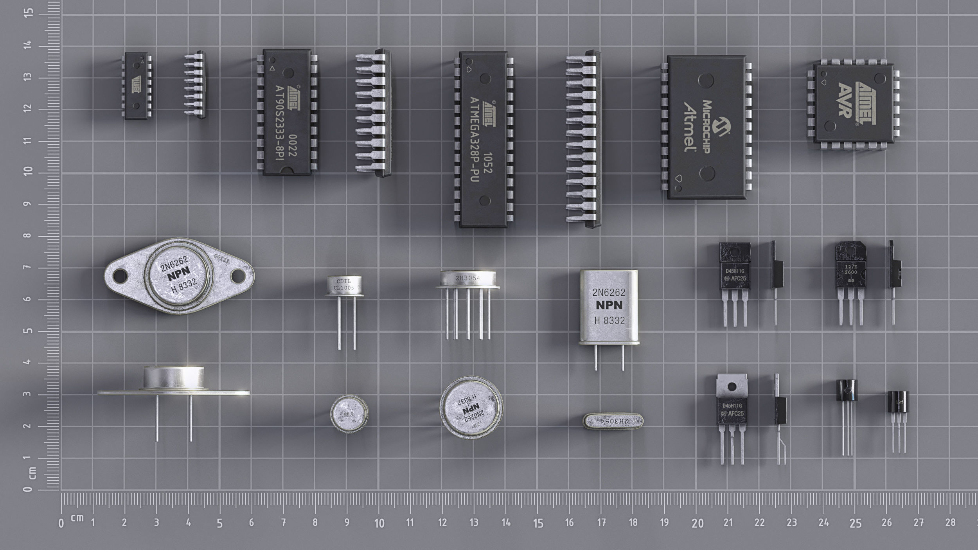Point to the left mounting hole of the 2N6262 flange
[x=120, y=277]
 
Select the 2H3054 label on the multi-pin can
[x=467, y=278]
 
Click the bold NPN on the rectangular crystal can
[x=609, y=306]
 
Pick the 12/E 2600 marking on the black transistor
[x=851, y=270]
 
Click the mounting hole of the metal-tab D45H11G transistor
[x=732, y=386]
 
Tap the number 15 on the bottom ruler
[x=538, y=523]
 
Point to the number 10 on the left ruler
[x=27, y=171]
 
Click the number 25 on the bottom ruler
[x=855, y=523]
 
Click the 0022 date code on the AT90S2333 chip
[x=292, y=146]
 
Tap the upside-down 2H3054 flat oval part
[x=613, y=421]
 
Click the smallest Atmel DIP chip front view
[x=136, y=86]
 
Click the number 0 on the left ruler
[x=27, y=489]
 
